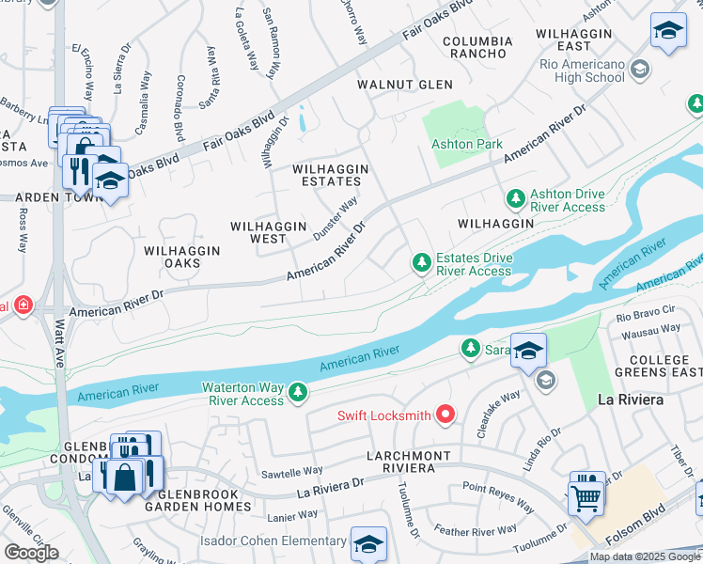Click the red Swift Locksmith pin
click(x=445, y=413)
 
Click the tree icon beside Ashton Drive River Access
click(x=515, y=198)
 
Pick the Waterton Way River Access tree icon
click(x=298, y=391)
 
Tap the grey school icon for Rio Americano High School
click(x=640, y=69)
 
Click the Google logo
click(x=31, y=553)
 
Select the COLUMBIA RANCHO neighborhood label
click(x=477, y=48)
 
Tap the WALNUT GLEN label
click(x=405, y=85)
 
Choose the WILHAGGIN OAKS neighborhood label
click(x=182, y=257)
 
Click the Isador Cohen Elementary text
click(x=273, y=540)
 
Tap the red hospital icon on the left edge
click(x=22, y=305)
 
